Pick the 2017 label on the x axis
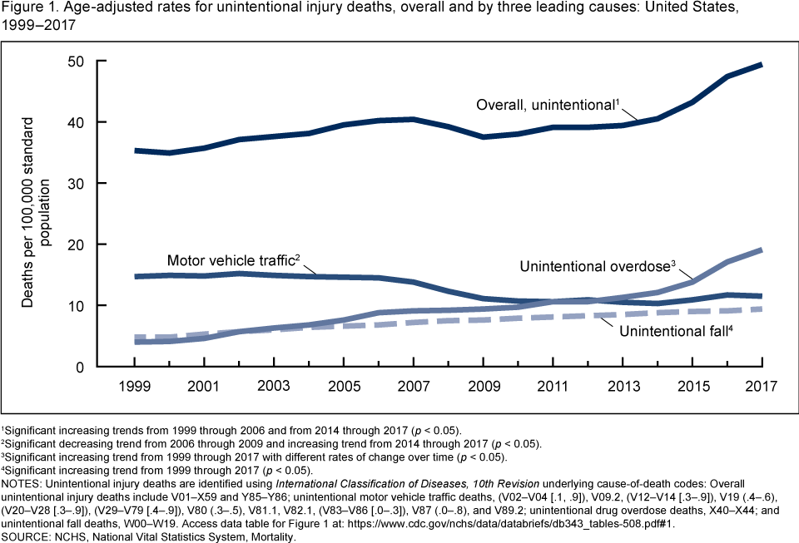pos(762,387)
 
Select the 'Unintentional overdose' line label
pos(596,267)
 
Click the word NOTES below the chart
pos(23,481)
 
